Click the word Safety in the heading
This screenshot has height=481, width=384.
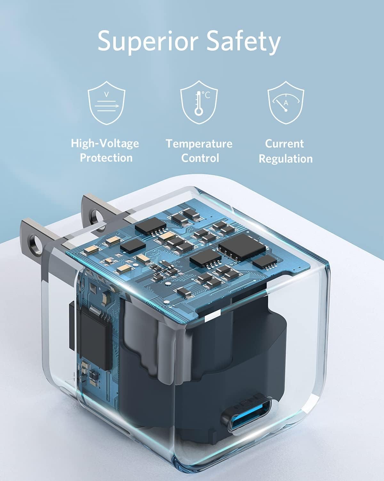[x=244, y=42]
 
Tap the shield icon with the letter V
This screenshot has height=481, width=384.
[x=107, y=102]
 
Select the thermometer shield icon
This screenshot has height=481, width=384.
[x=199, y=102]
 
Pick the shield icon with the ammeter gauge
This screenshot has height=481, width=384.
[x=286, y=102]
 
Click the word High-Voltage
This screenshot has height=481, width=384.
[x=105, y=143]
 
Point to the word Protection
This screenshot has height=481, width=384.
[x=106, y=158]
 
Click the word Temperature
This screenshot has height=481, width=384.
[x=199, y=143]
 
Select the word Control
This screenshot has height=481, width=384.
[x=200, y=158]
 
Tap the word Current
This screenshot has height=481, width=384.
[x=284, y=143]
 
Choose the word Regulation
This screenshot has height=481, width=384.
[x=285, y=158]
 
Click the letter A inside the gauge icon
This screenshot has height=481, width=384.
[x=286, y=103]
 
